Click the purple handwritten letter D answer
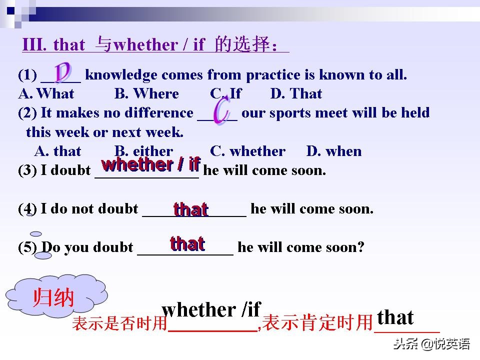tap(63, 73)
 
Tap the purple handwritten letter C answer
tap(220, 111)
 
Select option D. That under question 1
tap(296, 93)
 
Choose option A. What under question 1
tap(46, 93)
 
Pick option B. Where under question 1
tap(146, 93)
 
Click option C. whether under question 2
tap(247, 151)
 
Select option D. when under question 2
tap(334, 151)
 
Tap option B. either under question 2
tap(144, 151)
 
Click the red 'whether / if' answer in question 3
tap(150, 163)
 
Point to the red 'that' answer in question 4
tap(190, 209)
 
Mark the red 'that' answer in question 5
tap(187, 243)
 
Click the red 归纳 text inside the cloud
tap(53, 298)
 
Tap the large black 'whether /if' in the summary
tap(211, 309)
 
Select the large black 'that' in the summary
tap(395, 317)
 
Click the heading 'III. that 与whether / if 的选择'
tap(155, 45)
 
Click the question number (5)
tap(27, 247)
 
